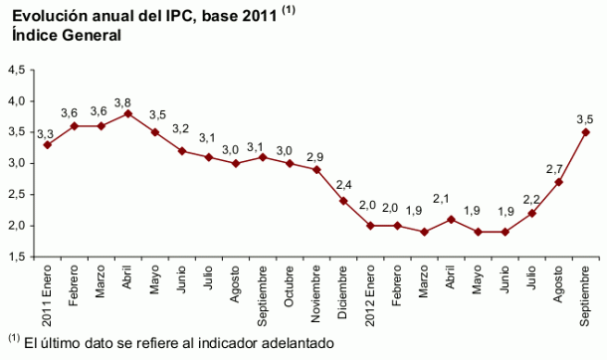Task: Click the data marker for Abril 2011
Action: [x=128, y=113]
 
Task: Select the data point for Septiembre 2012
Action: [x=585, y=132]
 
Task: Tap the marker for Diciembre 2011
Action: [x=343, y=201]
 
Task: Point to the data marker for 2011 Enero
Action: [x=48, y=145]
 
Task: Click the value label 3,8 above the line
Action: [x=123, y=101]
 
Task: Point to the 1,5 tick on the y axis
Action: [x=17, y=257]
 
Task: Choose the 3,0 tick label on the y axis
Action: [x=17, y=164]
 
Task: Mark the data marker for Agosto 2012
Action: [x=558, y=182]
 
